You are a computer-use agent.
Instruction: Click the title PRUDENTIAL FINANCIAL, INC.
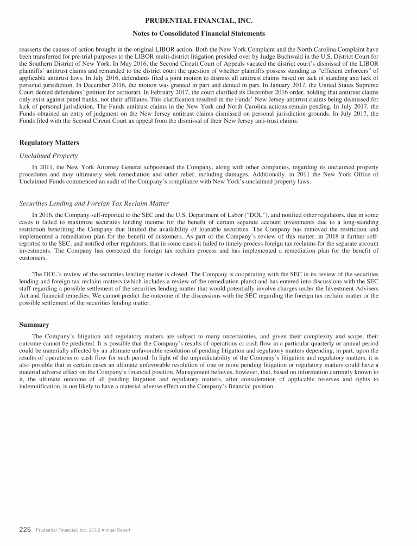208,21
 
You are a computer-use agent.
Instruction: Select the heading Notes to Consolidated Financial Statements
208,34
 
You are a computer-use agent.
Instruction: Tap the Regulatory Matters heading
49,142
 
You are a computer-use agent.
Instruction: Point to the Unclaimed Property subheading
48,156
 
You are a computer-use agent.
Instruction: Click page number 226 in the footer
25,530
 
